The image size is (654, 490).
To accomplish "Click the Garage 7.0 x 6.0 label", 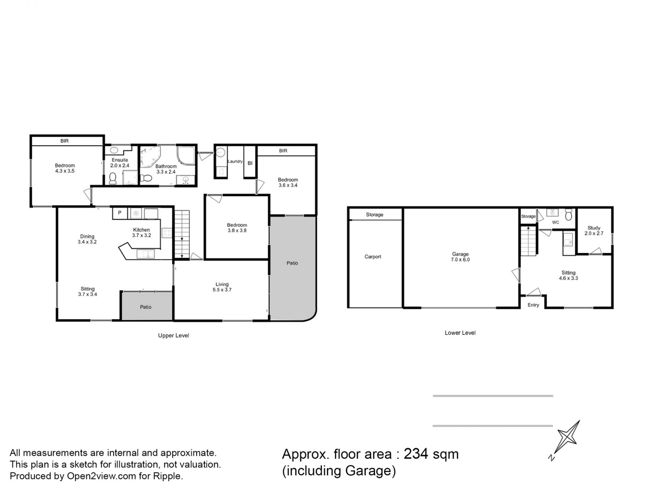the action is [x=460, y=257].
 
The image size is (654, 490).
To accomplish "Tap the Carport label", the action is [x=373, y=257].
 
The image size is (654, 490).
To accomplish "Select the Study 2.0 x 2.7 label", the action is [x=594, y=231].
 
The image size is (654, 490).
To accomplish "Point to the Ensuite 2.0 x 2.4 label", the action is [x=120, y=163].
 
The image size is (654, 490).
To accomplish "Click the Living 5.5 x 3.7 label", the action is [x=222, y=287].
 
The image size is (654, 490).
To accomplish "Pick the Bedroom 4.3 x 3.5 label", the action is [x=65, y=168].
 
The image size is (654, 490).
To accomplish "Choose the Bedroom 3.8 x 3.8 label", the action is [x=237, y=228].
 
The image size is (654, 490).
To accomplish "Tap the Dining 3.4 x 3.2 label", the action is [x=87, y=239].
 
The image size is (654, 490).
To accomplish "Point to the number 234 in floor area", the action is [x=416, y=454].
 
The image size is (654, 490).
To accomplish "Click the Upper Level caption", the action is [x=173, y=336].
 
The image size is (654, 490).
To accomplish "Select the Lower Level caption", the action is [x=460, y=333].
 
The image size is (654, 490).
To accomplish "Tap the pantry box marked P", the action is [x=120, y=213].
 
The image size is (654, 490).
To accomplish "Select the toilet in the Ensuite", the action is [x=113, y=178].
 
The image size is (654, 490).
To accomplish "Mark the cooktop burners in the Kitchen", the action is [x=167, y=233].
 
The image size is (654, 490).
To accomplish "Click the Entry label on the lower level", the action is [x=533, y=305].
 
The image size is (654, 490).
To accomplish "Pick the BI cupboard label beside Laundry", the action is [x=250, y=163].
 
